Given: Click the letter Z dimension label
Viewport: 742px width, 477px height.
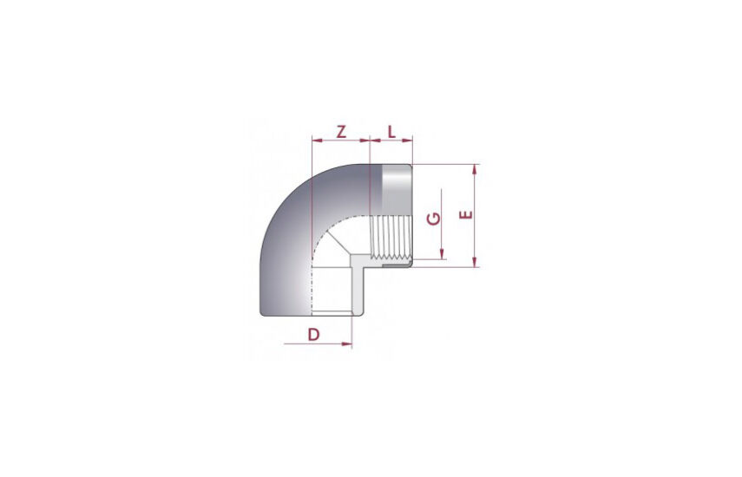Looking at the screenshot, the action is pyautogui.click(x=341, y=132).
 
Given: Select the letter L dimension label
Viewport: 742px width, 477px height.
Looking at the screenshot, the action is pyautogui.click(x=391, y=132).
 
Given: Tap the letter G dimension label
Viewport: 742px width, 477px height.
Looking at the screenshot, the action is pyautogui.click(x=434, y=219).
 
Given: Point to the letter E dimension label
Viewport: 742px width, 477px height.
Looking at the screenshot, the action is pyautogui.click(x=467, y=215).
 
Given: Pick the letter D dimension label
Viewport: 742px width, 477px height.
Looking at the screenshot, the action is pyautogui.click(x=314, y=335).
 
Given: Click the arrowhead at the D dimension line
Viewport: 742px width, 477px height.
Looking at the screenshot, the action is pyautogui.click(x=347, y=343).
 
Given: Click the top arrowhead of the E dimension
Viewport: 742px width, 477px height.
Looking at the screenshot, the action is pyautogui.click(x=475, y=169).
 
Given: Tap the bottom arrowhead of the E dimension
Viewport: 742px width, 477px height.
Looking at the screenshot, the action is pyautogui.click(x=475, y=262).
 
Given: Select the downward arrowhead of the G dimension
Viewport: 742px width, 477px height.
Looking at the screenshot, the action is pyautogui.click(x=443, y=254).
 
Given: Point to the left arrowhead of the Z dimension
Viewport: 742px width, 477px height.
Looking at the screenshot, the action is pyautogui.click(x=318, y=140).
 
